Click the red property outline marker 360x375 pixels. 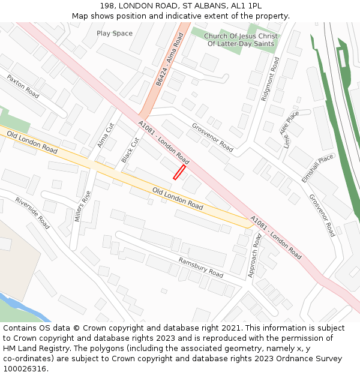tap(179, 172)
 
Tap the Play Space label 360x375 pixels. tap(115, 33)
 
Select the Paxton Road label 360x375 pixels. tap(23, 87)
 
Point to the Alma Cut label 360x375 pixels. tap(106, 136)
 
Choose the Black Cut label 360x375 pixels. tap(130, 150)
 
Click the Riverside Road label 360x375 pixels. tap(32, 213)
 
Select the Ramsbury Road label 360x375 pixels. tap(200, 267)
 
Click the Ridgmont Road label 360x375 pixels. tap(270, 79)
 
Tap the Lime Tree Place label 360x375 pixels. tap(290, 130)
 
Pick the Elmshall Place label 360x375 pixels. tap(317, 161)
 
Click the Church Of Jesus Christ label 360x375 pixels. tap(241, 36)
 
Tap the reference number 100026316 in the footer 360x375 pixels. tap(25, 368)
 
